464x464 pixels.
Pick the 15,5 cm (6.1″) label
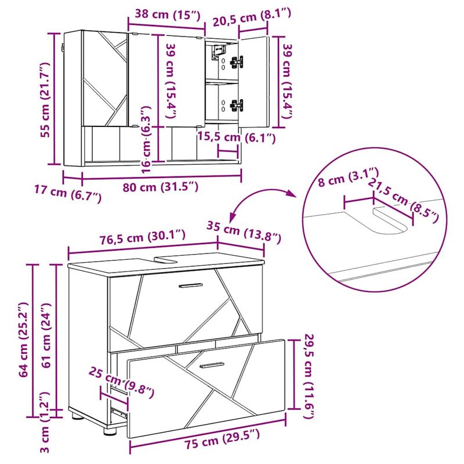tap(236, 137)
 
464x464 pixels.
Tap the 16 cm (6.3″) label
tap(147, 137)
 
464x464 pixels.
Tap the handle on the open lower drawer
tap(211, 365)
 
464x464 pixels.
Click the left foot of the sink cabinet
tap(75, 415)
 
